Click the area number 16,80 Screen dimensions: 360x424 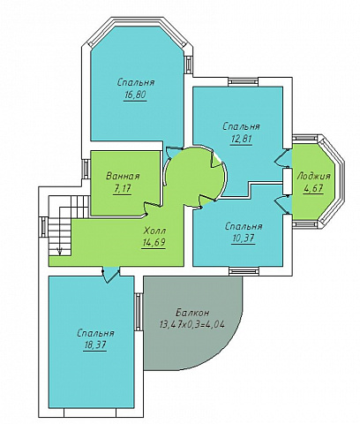coord(135,95)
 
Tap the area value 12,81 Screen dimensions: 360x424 coord(241,139)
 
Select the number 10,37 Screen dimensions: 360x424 coord(244,238)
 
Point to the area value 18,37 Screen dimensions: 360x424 coord(95,345)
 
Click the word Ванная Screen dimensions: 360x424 coord(123,177)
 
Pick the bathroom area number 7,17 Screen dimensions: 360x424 coord(123,189)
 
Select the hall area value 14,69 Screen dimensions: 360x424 coord(154,243)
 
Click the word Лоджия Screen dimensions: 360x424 coord(313,177)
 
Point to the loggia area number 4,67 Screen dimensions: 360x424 coord(313,188)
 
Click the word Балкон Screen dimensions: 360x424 coord(193,312)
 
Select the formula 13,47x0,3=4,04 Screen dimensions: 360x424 coord(192,324)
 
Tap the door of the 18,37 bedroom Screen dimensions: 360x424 coord(110,275)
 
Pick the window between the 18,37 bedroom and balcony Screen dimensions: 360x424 coord(139,312)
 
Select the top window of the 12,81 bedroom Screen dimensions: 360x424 coord(243,82)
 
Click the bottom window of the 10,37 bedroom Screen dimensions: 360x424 coord(244,271)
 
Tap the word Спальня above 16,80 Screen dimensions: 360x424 coord(136,82)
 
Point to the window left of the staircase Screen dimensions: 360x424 coord(43,227)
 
